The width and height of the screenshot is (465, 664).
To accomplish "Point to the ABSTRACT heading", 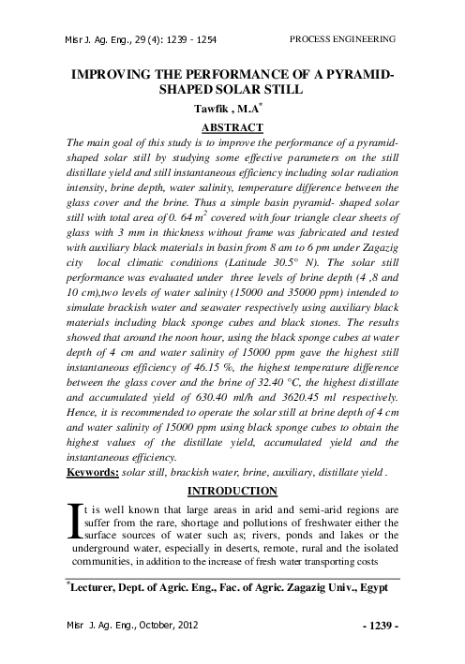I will (232, 125).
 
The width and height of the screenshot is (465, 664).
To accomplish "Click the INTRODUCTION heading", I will (232, 491).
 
